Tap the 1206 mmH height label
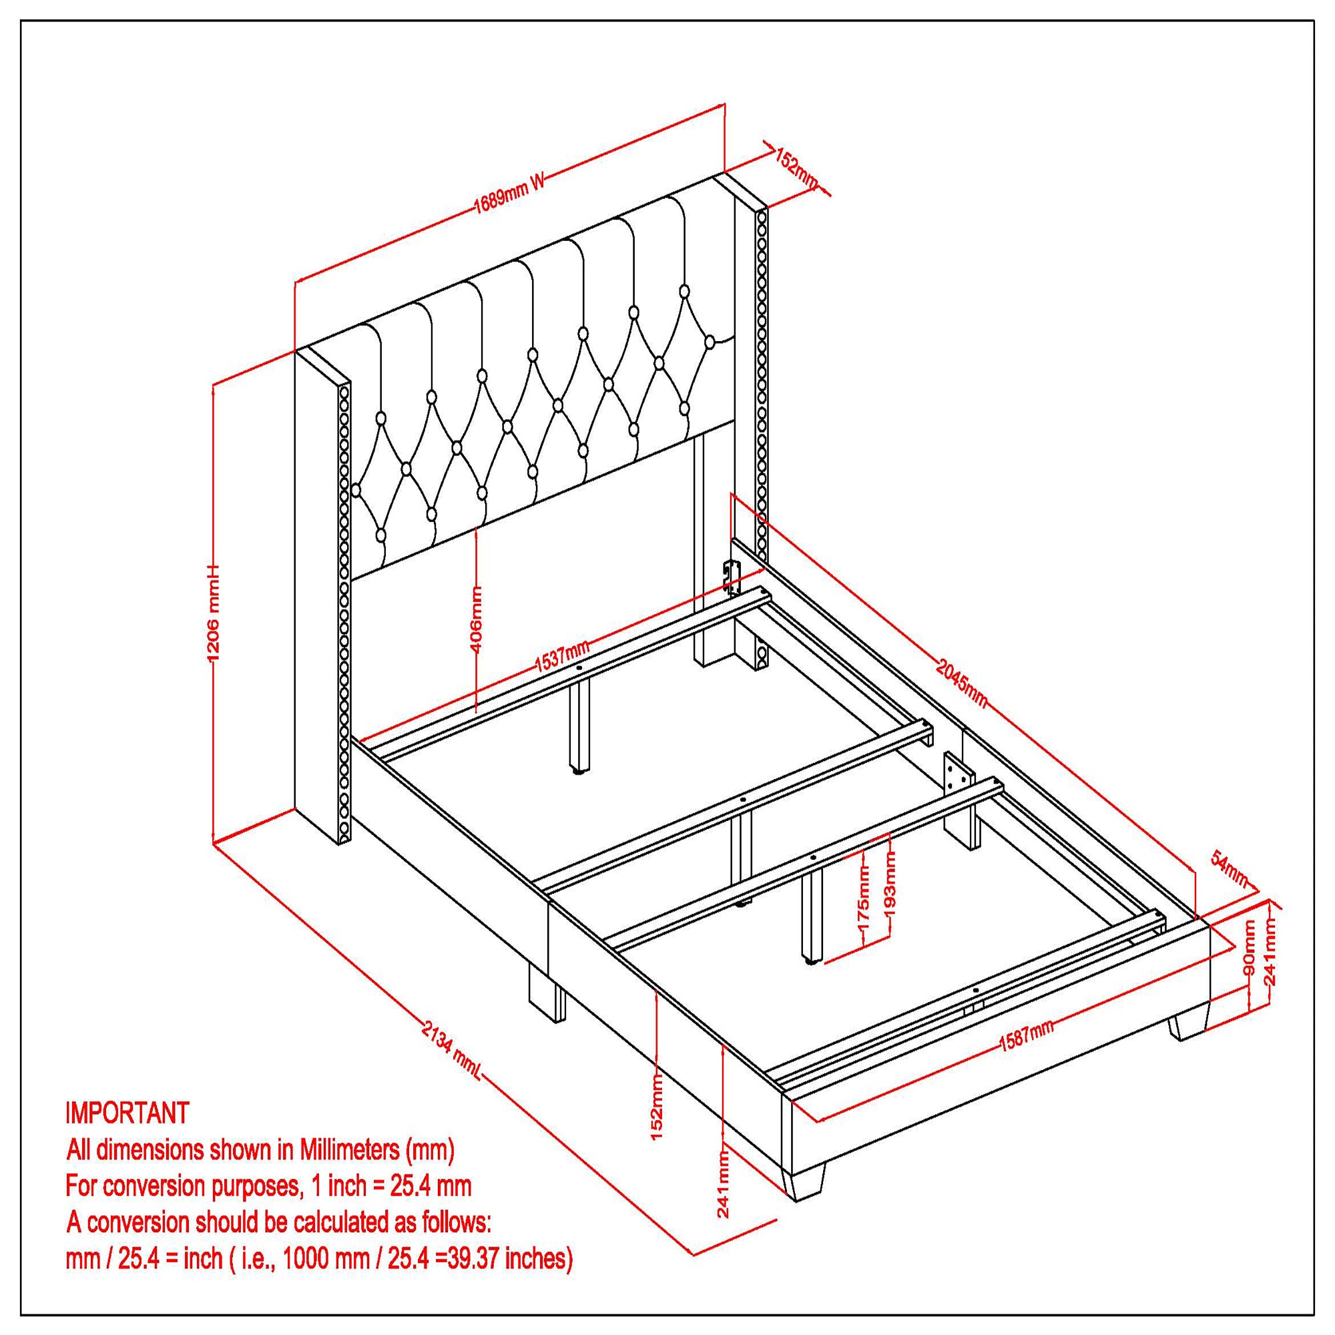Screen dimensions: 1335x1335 tap(214, 612)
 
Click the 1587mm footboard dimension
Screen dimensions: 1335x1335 tap(1026, 1055)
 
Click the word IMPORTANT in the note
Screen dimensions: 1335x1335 tap(127, 1113)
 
